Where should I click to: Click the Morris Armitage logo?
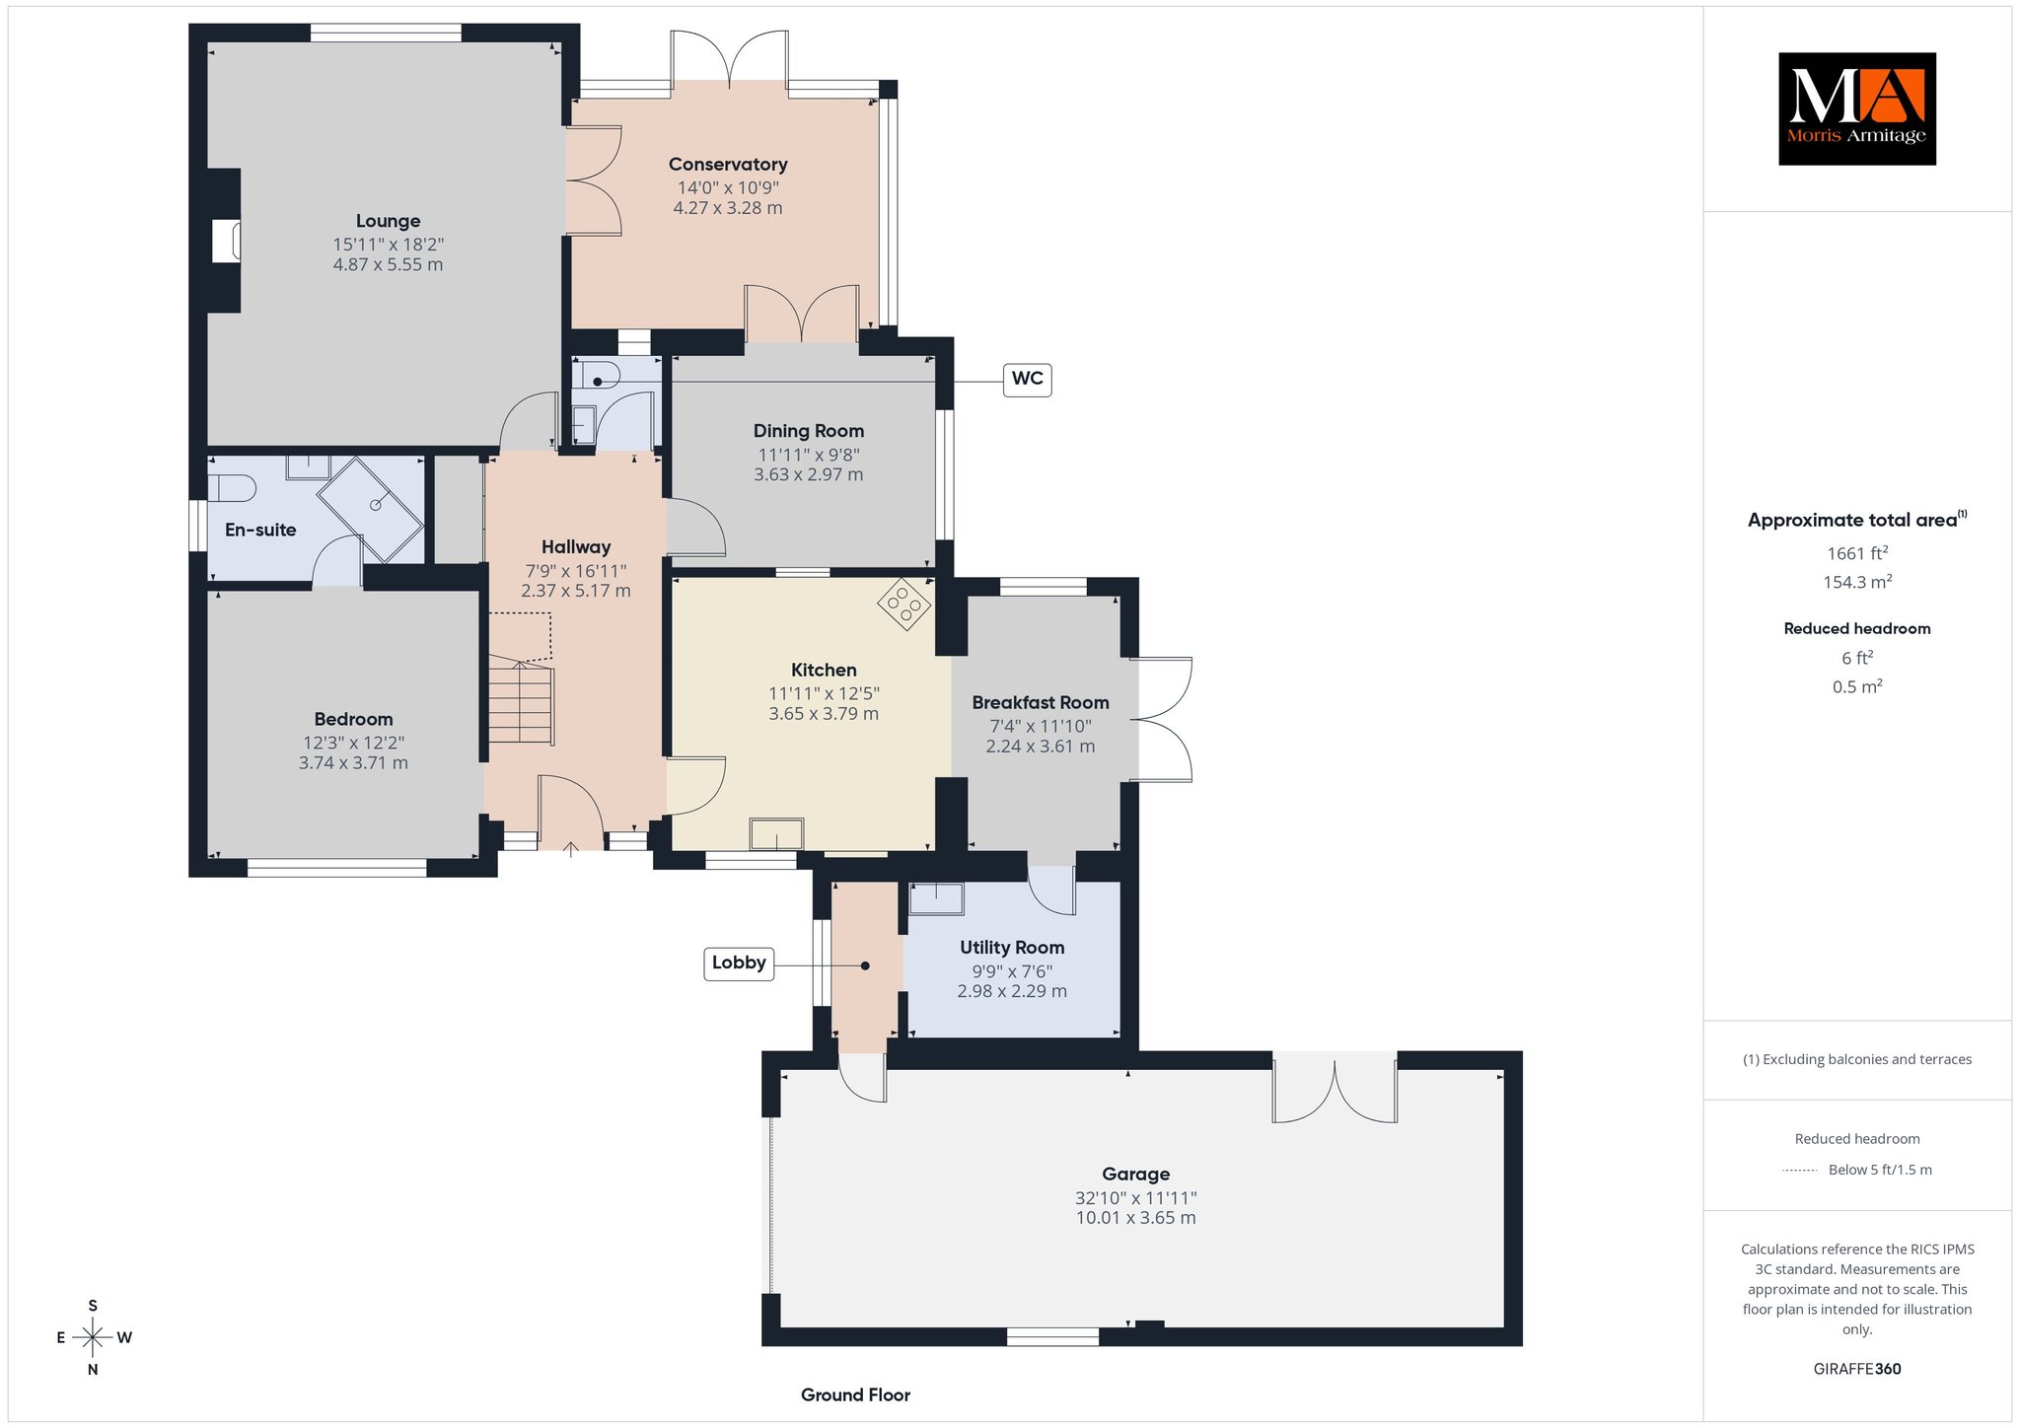[x=1856, y=108]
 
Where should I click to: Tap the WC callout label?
[x=1027, y=380]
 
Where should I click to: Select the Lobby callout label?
[x=738, y=964]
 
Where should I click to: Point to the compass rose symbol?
[x=93, y=1337]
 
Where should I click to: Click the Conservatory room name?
[x=728, y=165]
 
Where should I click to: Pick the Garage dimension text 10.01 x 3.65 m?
[x=1135, y=1218]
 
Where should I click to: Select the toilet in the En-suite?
[x=233, y=487]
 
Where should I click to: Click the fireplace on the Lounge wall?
[x=226, y=242]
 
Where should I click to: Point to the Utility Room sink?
[x=935, y=899]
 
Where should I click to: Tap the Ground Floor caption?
[x=855, y=1395]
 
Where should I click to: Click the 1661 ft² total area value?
[x=1856, y=553]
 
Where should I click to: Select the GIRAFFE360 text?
[x=1857, y=1369]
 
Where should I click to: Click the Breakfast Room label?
[x=1041, y=703]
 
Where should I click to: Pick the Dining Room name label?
[x=809, y=431]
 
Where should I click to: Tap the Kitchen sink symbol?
[x=777, y=833]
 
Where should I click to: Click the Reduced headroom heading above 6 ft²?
[x=1857, y=628]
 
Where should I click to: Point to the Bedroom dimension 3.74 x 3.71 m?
[x=353, y=763]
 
